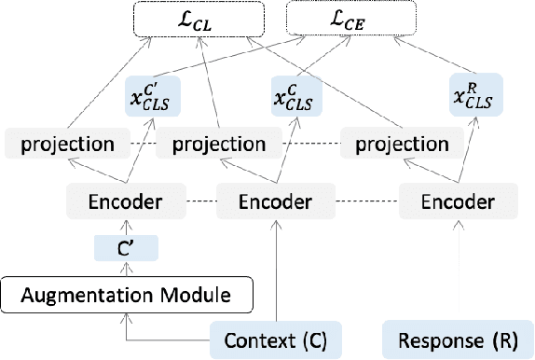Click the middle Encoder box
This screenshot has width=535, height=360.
[x=276, y=201]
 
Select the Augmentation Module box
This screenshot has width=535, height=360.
[x=127, y=298]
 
